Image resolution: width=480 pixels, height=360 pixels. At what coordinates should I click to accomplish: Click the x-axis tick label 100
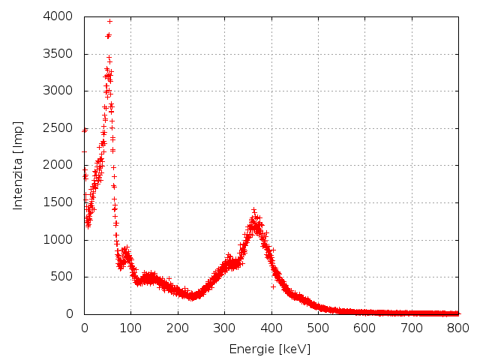(130, 328)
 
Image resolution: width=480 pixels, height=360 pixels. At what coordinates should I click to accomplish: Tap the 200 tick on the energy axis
(178, 328)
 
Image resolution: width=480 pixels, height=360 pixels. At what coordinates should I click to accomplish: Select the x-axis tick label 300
(224, 328)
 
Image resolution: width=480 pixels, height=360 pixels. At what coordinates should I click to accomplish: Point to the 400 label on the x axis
(271, 328)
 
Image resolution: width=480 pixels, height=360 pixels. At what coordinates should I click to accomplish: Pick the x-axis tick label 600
(365, 328)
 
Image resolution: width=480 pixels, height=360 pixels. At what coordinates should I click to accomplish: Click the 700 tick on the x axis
(412, 328)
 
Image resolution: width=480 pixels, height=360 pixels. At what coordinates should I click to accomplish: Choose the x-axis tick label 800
(458, 328)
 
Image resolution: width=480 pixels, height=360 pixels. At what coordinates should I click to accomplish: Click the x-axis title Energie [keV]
(271, 349)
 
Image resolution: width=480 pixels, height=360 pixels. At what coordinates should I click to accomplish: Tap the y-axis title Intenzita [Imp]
(18, 165)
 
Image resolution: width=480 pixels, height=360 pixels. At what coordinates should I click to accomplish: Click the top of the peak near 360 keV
(253, 209)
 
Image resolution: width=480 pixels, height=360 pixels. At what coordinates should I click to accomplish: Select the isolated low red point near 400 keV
(273, 286)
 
